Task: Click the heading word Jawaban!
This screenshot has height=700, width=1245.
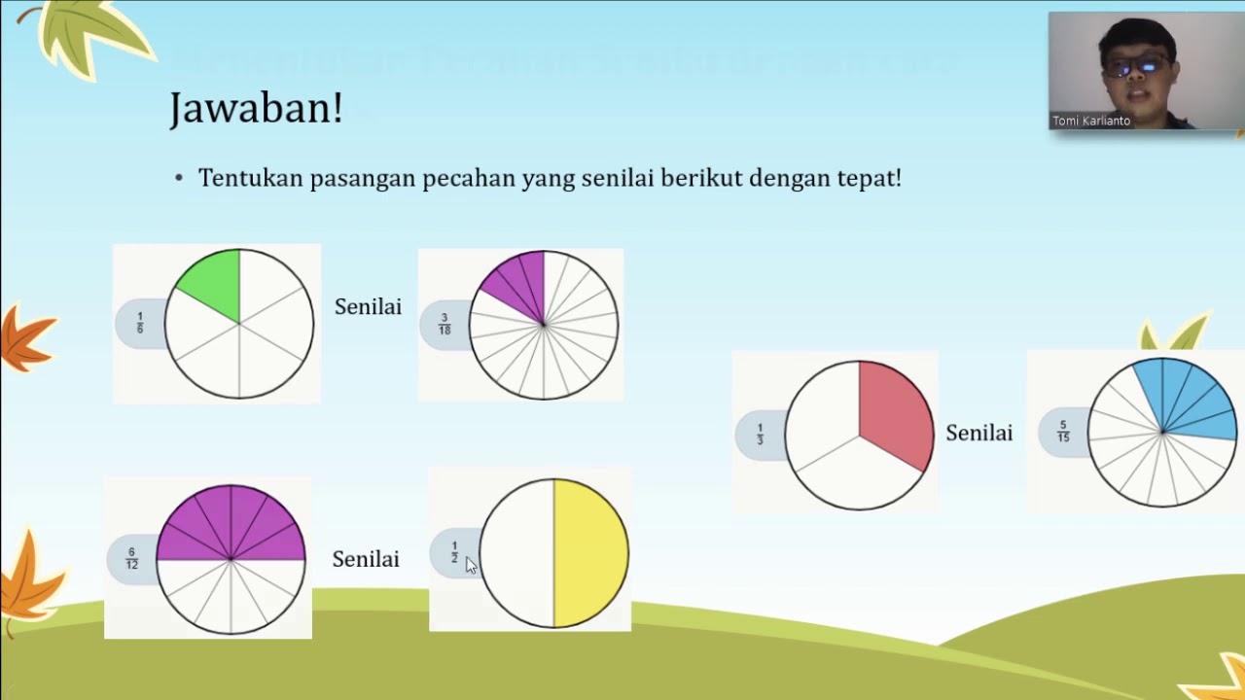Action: coord(256,108)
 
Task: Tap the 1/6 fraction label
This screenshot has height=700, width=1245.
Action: coord(140,323)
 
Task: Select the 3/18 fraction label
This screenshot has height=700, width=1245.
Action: coord(445,324)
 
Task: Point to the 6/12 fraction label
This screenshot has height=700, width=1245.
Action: coord(132,559)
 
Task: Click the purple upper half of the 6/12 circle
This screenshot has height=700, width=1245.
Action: coord(231,525)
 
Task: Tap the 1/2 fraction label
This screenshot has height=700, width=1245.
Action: coord(454,553)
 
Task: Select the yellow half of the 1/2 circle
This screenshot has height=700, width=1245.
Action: coord(590,553)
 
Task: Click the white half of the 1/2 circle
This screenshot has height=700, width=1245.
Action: coord(517,553)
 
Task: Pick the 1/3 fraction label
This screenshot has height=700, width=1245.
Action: coord(760,434)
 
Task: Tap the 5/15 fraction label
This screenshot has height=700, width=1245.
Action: coord(1063,431)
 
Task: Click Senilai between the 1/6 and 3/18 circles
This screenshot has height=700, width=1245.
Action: coord(368,307)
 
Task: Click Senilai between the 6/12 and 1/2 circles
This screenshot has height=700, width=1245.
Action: coord(366,560)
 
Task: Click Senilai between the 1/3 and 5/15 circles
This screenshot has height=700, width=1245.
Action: coord(978,434)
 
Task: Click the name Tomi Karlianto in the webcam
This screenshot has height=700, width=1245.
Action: coord(1091,122)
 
